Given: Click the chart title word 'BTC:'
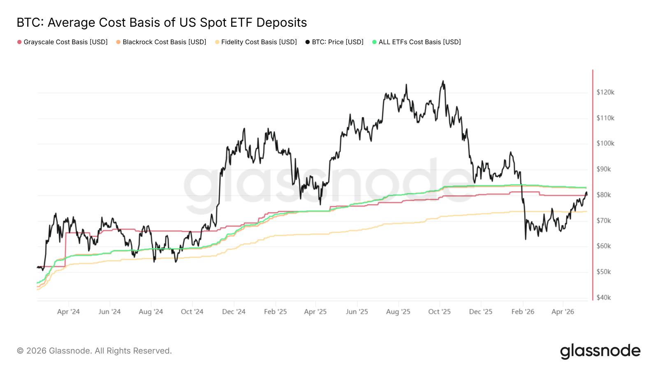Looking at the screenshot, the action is [30, 23].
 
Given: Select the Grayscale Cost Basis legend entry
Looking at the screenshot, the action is [63, 42].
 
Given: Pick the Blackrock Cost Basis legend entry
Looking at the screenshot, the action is [161, 42].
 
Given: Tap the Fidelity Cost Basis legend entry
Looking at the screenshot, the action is [256, 42].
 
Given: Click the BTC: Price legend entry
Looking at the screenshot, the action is [335, 42].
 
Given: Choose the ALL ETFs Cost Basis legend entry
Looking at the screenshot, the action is [417, 42].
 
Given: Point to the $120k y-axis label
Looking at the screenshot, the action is [605, 92].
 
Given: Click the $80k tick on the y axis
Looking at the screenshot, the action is [604, 195].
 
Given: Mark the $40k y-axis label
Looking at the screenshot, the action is [604, 298].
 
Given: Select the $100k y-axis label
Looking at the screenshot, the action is [605, 143].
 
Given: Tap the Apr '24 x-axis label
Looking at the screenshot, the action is [68, 312].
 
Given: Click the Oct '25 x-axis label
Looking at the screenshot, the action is [440, 312].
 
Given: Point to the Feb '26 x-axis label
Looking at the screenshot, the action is [523, 312].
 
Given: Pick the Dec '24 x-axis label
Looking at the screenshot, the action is [234, 312].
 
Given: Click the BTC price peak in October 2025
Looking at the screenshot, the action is [443, 81].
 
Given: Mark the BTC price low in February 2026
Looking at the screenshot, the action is [526, 239].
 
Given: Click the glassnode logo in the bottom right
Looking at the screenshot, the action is [600, 351].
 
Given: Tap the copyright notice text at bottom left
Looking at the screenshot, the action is [94, 351].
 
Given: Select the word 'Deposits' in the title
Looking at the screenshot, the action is [282, 23].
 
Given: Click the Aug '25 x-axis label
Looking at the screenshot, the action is [399, 312].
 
